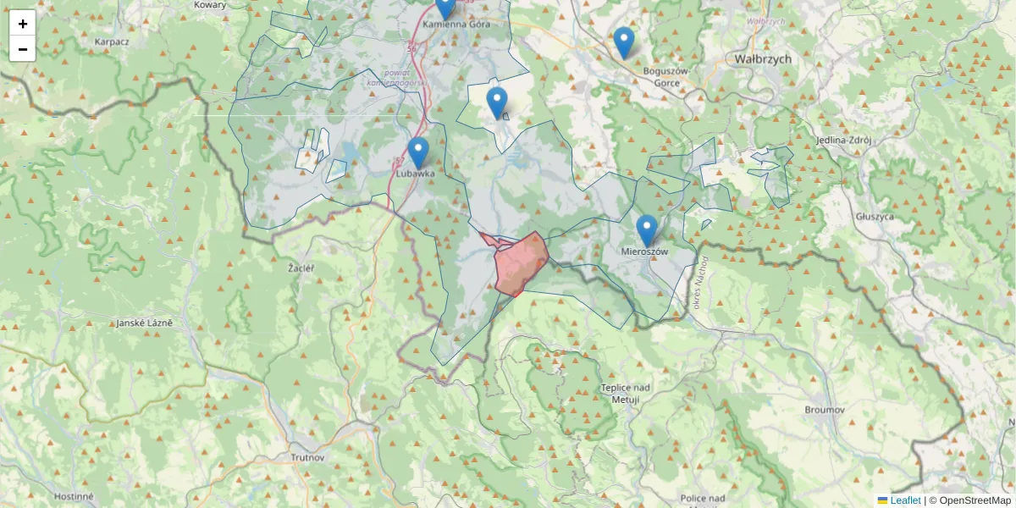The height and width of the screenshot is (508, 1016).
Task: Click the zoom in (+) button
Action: click(23, 24)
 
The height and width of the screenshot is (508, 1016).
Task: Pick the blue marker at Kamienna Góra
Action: click(445, 8)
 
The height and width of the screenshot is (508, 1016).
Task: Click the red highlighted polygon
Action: click(522, 262)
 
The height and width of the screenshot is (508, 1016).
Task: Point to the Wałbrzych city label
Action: click(762, 59)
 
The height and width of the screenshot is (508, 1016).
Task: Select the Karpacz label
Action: click(111, 41)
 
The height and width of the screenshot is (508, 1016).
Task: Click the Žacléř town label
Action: click(301, 268)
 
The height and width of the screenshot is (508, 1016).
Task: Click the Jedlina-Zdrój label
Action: click(838, 140)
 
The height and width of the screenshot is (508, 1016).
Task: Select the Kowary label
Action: click(210, 5)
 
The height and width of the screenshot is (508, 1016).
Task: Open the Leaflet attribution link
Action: click(905, 500)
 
